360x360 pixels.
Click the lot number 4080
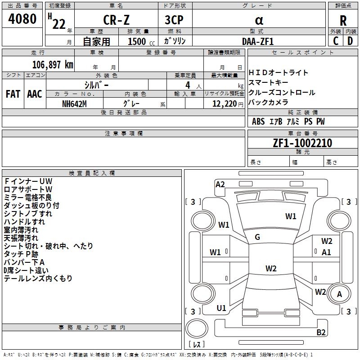[22, 19]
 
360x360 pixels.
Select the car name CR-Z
[116, 20]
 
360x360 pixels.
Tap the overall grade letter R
[343, 21]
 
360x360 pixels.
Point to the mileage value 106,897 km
[53, 65]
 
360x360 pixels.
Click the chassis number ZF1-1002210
[302, 143]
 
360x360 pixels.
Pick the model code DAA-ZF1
[258, 41]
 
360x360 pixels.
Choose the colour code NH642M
[74, 104]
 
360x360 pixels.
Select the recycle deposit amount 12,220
[224, 104]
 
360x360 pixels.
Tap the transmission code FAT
[13, 94]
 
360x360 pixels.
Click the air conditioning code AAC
[35, 94]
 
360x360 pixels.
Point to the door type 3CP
[174, 20]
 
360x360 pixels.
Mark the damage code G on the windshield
[257, 237]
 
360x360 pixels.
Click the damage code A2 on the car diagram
[220, 184]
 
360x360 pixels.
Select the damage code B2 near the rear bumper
[321, 332]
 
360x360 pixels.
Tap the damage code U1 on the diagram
[221, 308]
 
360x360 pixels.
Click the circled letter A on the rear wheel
[339, 294]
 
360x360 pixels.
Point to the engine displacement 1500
[137, 41]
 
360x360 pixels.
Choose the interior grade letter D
[350, 41]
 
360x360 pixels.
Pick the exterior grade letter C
[336, 41]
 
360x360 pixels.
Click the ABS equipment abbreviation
[258, 121]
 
